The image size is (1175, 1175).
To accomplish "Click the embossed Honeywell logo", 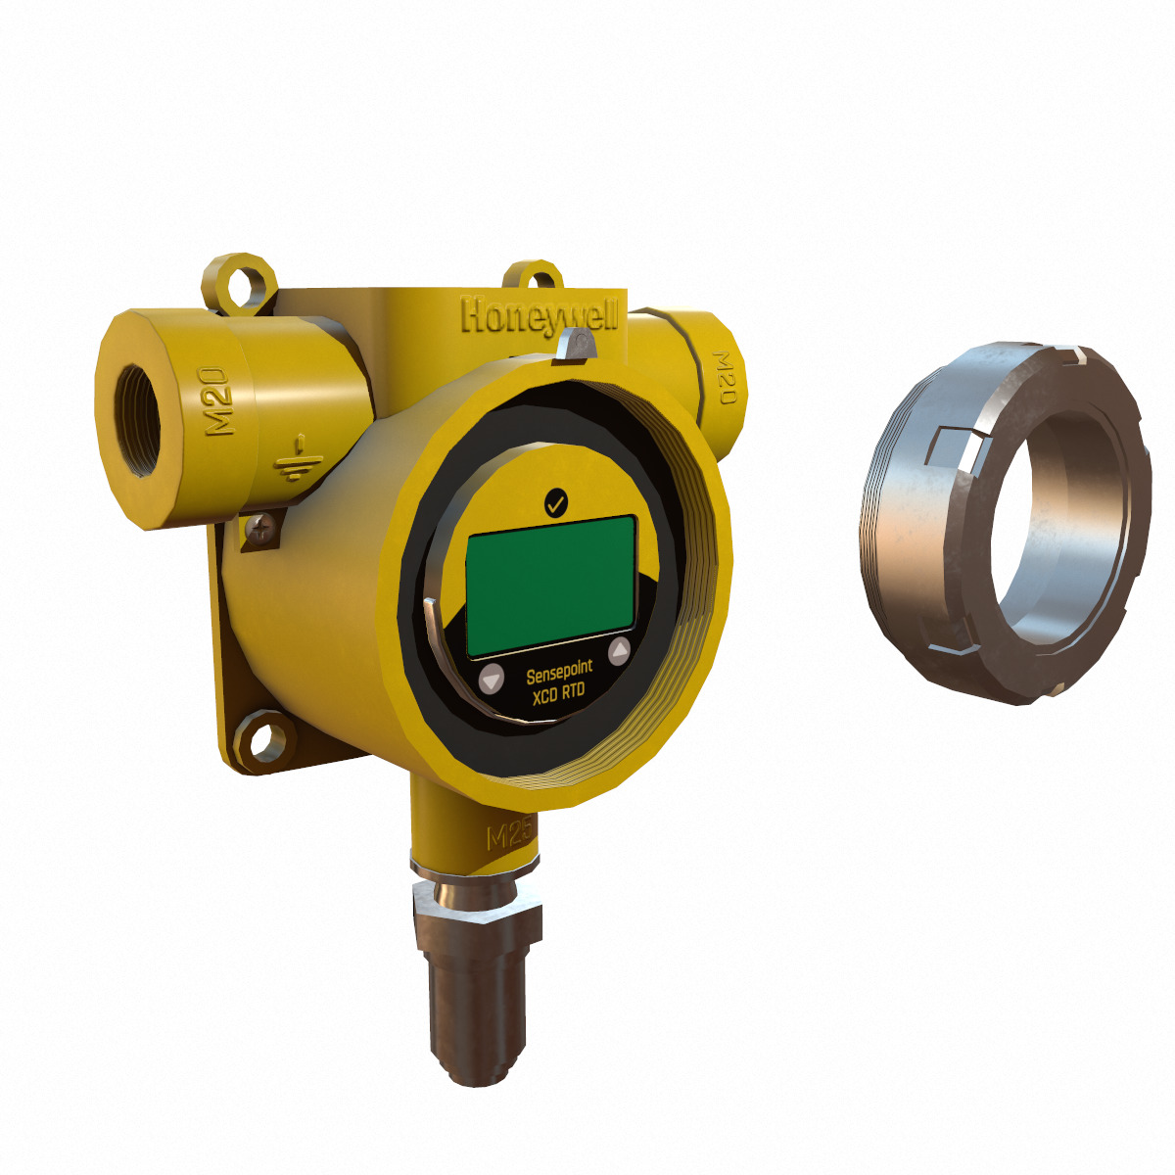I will pyautogui.click(x=540, y=315).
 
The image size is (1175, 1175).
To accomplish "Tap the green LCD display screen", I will pyautogui.click(x=550, y=586).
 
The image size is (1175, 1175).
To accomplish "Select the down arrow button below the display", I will pyautogui.click(x=492, y=678).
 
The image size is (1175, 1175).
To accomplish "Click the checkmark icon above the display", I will pyautogui.click(x=555, y=503).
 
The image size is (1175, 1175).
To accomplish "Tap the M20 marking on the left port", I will pyautogui.click(x=218, y=400).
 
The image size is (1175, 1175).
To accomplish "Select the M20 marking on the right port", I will pyautogui.click(x=725, y=378).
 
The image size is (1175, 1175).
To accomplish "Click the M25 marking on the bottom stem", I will pyautogui.click(x=509, y=836).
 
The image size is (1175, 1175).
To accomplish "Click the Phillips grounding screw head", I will pyautogui.click(x=259, y=530).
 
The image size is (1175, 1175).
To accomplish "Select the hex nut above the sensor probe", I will pyautogui.click(x=477, y=906).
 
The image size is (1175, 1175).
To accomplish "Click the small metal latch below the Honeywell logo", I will pyautogui.click(x=579, y=344).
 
